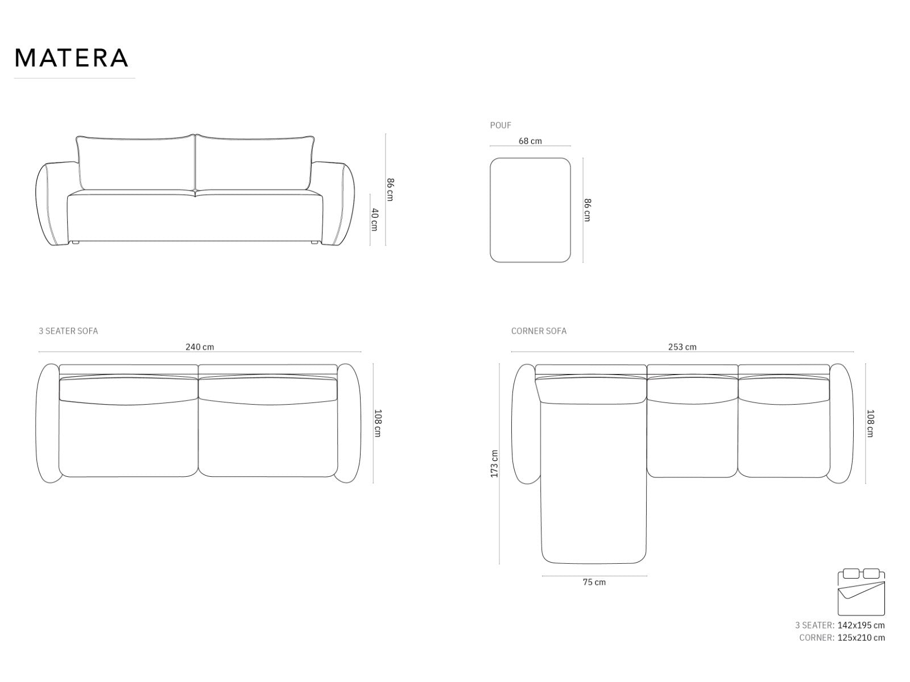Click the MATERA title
point(71,58)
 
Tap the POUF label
point(500,125)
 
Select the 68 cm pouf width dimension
point(530,141)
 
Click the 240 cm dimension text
point(200,347)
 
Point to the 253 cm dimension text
point(682,347)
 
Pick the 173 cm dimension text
point(494,464)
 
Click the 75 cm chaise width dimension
point(594,582)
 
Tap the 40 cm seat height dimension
point(375,220)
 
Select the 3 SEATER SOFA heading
point(68,331)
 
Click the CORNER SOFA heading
point(539,331)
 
